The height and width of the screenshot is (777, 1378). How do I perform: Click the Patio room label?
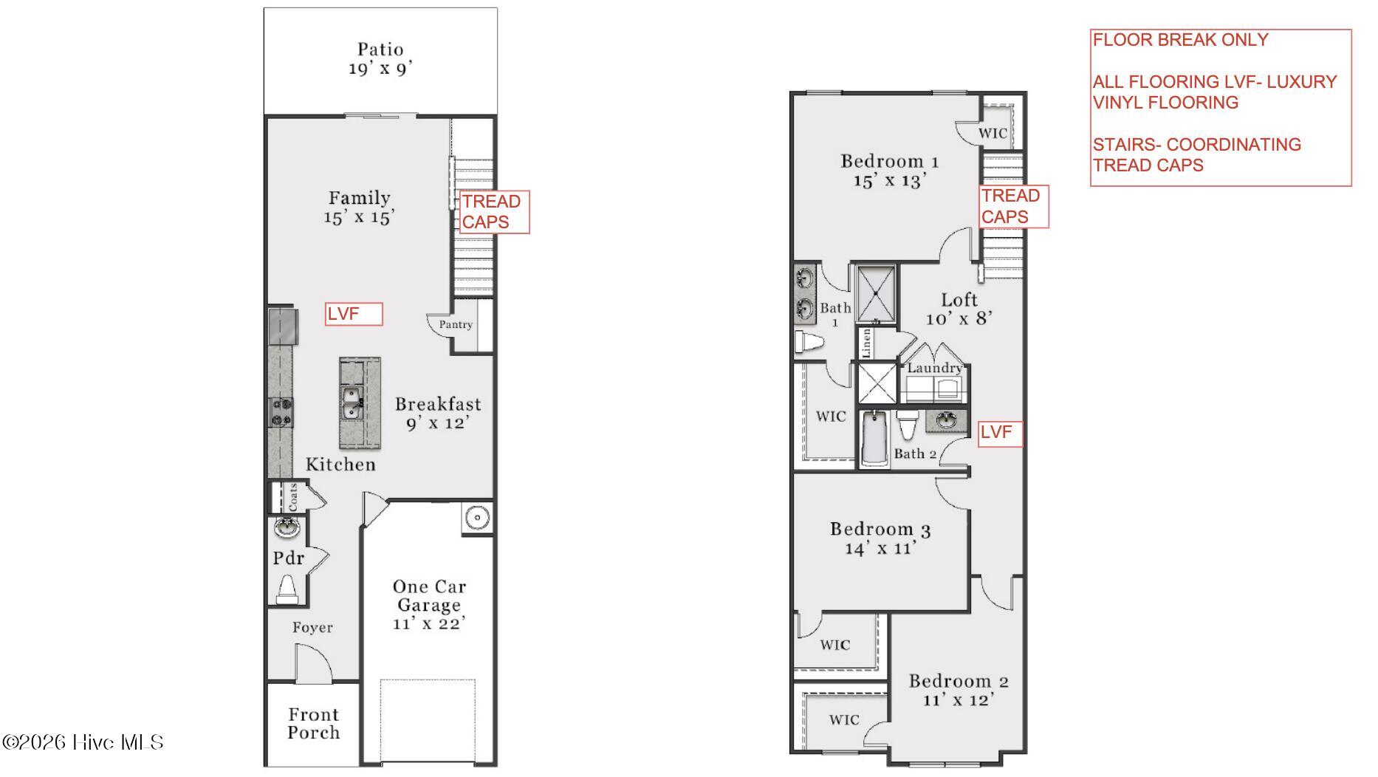point(380,49)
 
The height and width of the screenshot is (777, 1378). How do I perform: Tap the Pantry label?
point(456,324)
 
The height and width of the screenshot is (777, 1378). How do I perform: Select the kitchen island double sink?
point(352,404)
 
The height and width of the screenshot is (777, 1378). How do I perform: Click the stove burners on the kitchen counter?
point(281,412)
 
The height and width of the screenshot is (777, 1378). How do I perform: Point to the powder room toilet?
point(287,589)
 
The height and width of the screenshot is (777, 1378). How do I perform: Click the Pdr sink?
point(287,527)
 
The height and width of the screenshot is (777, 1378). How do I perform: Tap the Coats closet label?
point(293,497)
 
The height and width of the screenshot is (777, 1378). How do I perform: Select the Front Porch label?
point(314,724)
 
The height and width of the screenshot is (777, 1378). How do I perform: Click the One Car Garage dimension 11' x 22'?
point(429,623)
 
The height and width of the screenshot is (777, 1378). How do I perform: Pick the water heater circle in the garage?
point(477,518)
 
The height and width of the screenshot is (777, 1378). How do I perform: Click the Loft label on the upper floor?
point(959,300)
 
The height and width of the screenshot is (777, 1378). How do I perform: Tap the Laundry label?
point(935,368)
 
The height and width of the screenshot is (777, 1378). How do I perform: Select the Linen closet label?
point(866,343)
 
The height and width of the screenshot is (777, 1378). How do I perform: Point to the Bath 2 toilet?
point(907,425)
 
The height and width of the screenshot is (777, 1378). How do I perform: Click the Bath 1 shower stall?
point(876,294)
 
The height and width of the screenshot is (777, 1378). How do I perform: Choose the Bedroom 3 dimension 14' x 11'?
point(880,548)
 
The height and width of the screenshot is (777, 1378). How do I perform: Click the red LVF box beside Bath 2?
point(1001,434)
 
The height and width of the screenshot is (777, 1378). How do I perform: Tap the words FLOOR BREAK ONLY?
point(1180,40)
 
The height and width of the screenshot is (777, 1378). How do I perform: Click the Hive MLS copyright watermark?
point(83,742)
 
